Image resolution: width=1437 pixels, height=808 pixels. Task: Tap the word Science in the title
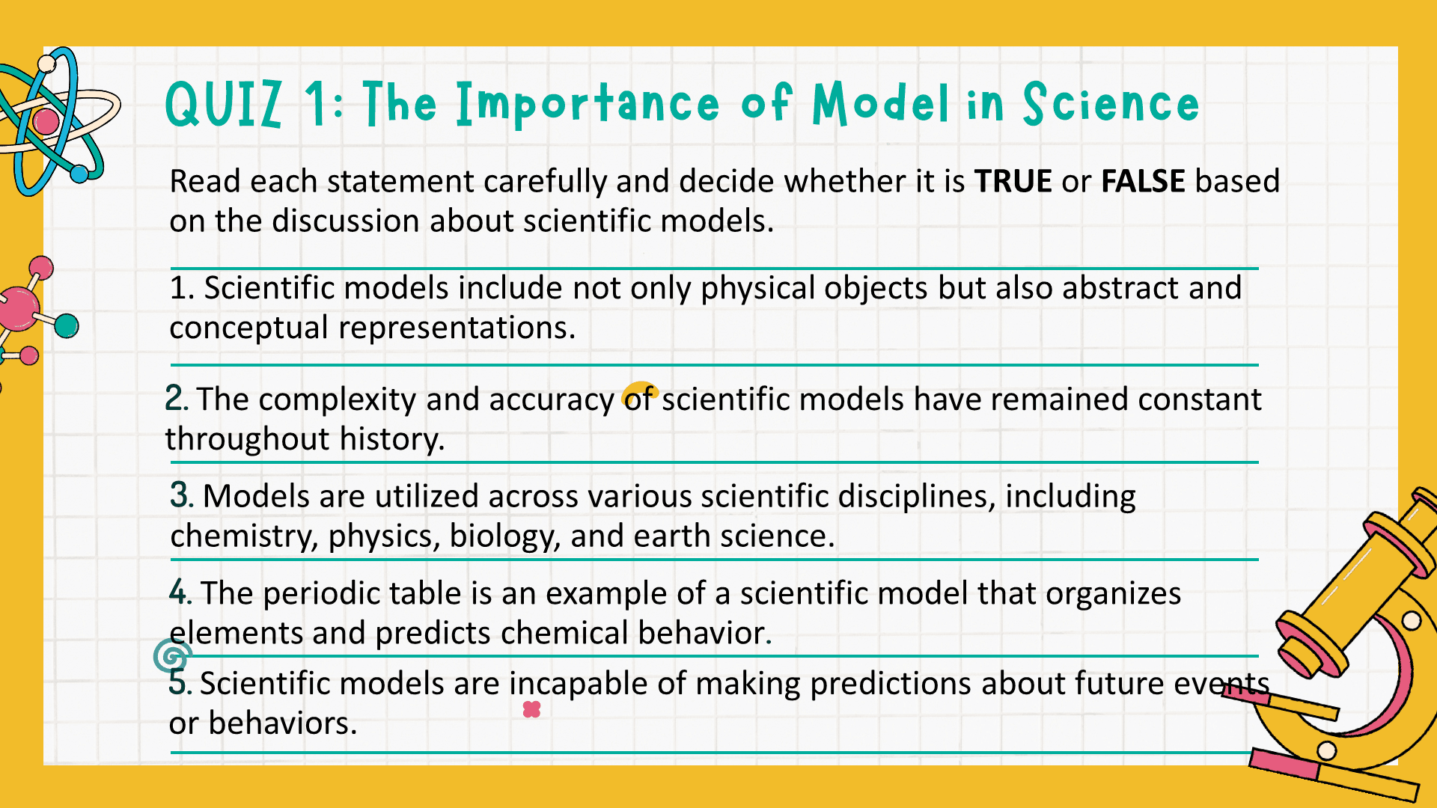point(1111,103)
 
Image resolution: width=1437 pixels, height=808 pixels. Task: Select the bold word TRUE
point(1013,182)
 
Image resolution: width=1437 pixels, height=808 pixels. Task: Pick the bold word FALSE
point(1143,182)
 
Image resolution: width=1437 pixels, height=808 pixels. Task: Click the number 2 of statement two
point(174,398)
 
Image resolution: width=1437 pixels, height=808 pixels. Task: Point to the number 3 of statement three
point(179,495)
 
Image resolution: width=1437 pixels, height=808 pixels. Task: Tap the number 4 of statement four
point(178,592)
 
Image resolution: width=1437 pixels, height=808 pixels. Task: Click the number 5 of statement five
point(177,682)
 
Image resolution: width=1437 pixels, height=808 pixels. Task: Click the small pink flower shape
point(531,709)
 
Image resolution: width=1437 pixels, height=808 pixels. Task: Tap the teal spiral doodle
point(172,657)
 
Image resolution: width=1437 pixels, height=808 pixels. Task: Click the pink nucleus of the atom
point(46,121)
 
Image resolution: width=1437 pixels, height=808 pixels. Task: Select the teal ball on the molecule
point(67,325)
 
